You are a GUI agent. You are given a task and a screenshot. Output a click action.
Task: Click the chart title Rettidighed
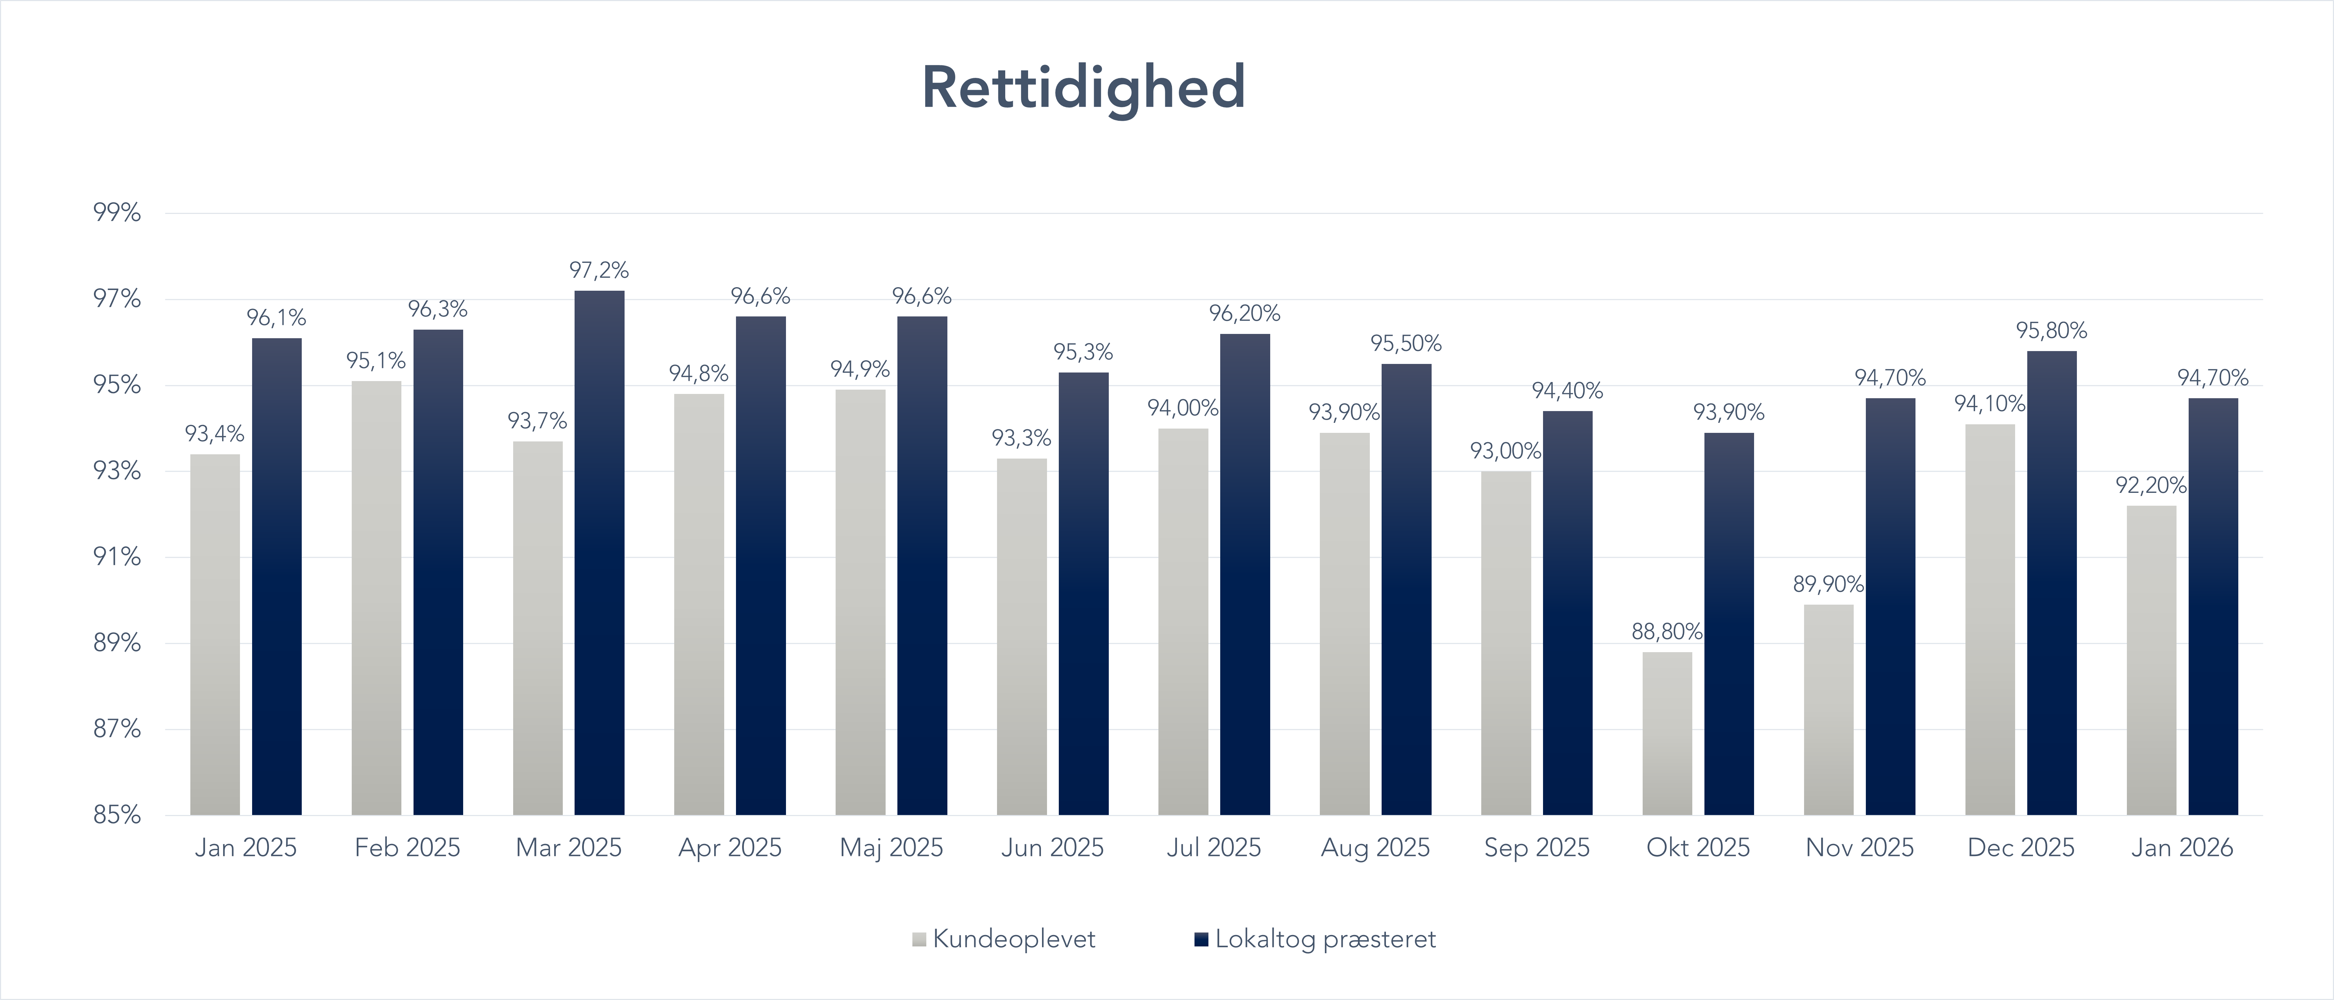[x=1084, y=88]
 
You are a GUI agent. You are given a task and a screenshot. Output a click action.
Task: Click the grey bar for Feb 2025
[x=376, y=598]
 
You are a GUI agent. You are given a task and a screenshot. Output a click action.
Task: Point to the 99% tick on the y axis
[x=117, y=213]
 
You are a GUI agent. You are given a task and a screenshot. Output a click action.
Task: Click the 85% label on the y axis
[x=117, y=814]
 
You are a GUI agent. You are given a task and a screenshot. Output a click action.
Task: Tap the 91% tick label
[x=117, y=556]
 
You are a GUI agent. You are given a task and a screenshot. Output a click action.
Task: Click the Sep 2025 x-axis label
[x=1537, y=848]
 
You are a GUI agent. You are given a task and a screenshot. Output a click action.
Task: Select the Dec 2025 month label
[x=2020, y=848]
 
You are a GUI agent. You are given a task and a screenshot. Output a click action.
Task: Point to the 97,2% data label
[x=599, y=270]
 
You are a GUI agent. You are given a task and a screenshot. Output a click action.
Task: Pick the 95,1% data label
[x=376, y=360]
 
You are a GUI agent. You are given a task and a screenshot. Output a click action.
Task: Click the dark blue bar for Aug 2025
[x=1406, y=589]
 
